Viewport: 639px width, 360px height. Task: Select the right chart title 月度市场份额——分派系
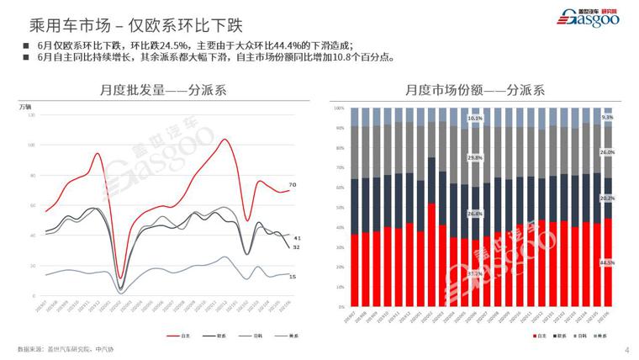coord(476,88)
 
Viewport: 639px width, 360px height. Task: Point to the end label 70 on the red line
coord(293,184)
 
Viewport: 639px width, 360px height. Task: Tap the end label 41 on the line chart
coord(297,239)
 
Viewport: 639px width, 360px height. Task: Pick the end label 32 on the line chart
coord(296,247)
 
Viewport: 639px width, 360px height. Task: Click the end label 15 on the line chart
coord(293,277)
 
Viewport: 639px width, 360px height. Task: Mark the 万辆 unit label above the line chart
coord(26,107)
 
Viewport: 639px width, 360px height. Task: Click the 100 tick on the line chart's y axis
coord(30,145)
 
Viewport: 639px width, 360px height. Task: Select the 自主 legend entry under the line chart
coord(179,335)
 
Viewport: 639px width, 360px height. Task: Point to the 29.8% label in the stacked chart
coord(475,157)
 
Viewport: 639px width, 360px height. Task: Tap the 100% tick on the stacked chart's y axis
coord(339,109)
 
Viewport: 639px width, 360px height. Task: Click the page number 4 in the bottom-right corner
coord(627,349)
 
